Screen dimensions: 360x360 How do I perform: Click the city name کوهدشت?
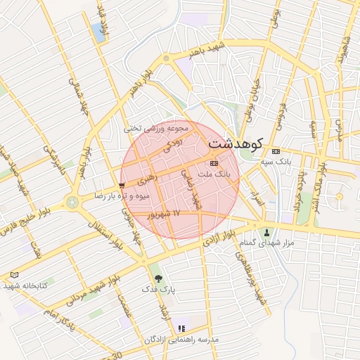coord(235,143)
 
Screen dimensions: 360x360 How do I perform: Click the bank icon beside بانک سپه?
coord(276,150)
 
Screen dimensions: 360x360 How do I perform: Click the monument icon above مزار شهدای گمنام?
coord(266,233)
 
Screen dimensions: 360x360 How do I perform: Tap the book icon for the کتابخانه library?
coord(15,275)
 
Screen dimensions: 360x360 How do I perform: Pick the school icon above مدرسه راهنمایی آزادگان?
coord(181,328)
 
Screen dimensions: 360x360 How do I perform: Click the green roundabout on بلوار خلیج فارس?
coord(72,203)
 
